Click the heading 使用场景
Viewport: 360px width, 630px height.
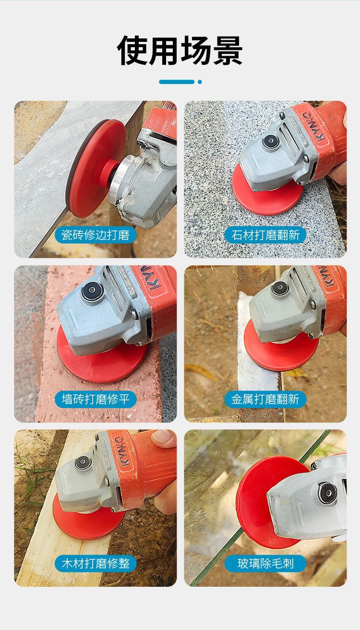(x=180, y=50)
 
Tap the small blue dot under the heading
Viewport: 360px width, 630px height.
(x=200, y=82)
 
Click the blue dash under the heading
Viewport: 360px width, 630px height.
(x=176, y=82)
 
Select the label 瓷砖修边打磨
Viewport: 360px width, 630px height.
(x=96, y=235)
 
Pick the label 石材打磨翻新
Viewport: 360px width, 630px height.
(x=265, y=235)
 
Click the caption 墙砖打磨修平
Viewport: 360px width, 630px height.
(x=96, y=399)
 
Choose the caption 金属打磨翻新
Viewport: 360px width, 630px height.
(x=265, y=399)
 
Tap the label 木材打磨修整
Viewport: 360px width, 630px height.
(x=96, y=563)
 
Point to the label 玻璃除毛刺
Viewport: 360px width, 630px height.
(x=265, y=563)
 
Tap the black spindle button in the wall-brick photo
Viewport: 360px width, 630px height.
(x=91, y=291)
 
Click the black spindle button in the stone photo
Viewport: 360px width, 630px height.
(x=270, y=141)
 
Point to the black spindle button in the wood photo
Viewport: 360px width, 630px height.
(x=83, y=463)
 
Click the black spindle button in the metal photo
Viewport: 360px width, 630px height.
(x=279, y=288)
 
